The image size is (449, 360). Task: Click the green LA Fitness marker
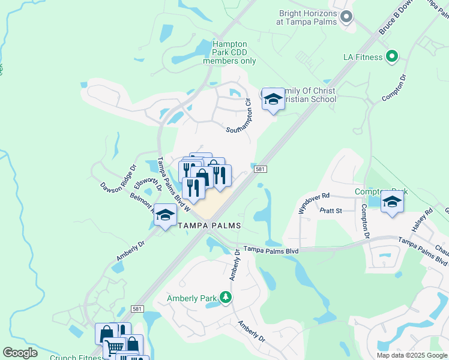[x=392, y=57]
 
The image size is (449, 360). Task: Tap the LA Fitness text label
[x=363, y=57]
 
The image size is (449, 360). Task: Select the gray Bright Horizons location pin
[x=346, y=17]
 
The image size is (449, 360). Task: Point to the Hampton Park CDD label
[x=229, y=52]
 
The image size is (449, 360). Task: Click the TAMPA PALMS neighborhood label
[x=209, y=226]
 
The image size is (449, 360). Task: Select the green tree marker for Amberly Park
[x=226, y=297]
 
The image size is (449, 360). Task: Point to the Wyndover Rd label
[x=315, y=203]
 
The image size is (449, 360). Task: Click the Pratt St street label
[x=330, y=211]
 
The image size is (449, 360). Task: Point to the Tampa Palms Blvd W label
[x=174, y=185]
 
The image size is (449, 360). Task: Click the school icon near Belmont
[x=165, y=216]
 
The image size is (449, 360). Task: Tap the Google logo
[x=20, y=353]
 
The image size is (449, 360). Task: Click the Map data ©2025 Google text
[x=411, y=355]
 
